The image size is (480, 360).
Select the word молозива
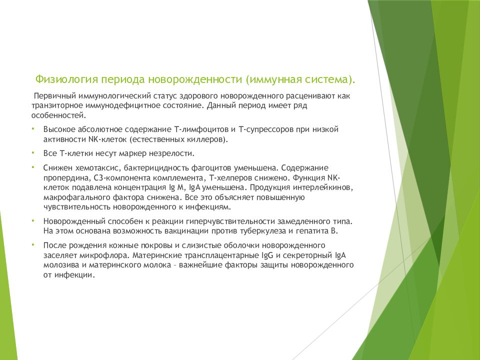pyautogui.click(x=61, y=264)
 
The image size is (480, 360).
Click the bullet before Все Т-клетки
pyautogui.click(x=32, y=151)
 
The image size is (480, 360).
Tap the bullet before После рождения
pyautogui.click(x=32, y=244)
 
